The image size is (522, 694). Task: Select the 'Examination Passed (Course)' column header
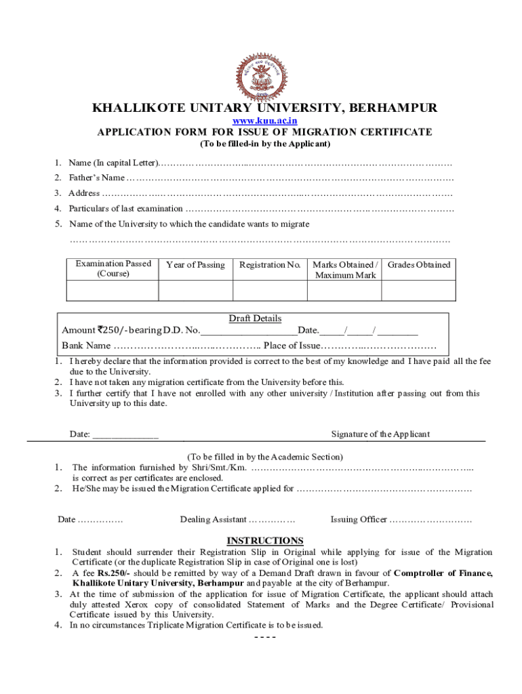pyautogui.click(x=113, y=268)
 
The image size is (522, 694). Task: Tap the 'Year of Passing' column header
pyautogui.click(x=195, y=265)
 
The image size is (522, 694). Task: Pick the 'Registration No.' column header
pyautogui.click(x=270, y=265)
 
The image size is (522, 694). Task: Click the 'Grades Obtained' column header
pyautogui.click(x=418, y=265)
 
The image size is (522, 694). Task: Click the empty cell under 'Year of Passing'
pyautogui.click(x=195, y=290)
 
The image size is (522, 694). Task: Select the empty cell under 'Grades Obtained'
pyautogui.click(x=418, y=290)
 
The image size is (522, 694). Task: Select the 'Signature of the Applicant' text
pyautogui.click(x=380, y=434)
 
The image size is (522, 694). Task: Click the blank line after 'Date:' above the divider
pyautogui.click(x=125, y=435)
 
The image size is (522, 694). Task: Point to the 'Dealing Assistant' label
pyautogui.click(x=213, y=520)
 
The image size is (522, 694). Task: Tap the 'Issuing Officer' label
pyautogui.click(x=359, y=520)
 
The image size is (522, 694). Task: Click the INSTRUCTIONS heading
pyautogui.click(x=264, y=541)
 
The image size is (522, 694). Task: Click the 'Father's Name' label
pyautogui.click(x=97, y=178)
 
